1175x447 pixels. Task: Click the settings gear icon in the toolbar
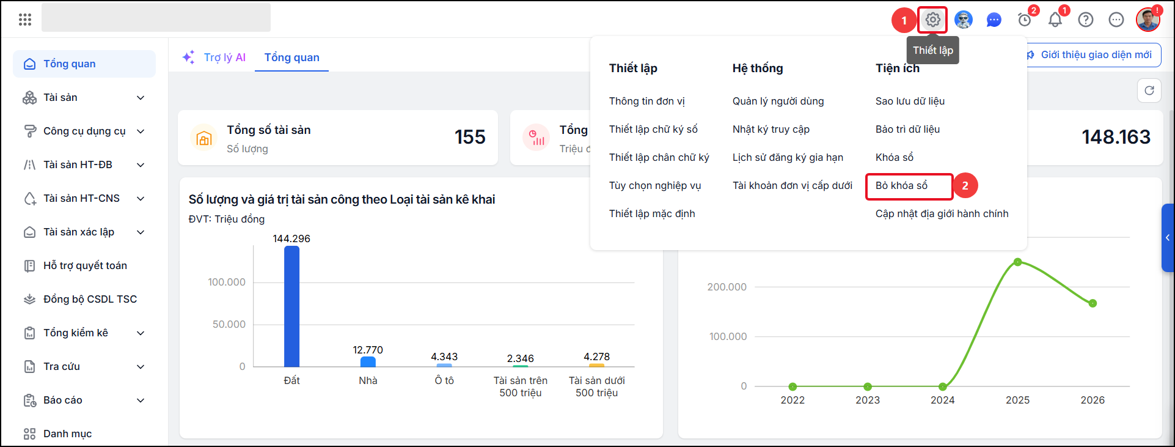[x=932, y=20]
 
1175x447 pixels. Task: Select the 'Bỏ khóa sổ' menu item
[x=901, y=185]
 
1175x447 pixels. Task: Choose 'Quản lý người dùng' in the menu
[x=778, y=101]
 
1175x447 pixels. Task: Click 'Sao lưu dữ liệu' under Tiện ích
[x=910, y=101]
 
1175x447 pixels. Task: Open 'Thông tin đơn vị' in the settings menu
[x=646, y=101]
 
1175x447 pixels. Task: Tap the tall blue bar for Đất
[x=291, y=306]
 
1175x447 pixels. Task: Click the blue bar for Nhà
[x=368, y=361]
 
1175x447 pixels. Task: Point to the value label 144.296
[x=291, y=238]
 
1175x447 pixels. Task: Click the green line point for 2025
[x=1017, y=262]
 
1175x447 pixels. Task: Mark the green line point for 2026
[x=1093, y=303]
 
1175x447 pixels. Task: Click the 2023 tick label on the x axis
[x=868, y=400]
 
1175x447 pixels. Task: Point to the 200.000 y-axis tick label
[x=727, y=287]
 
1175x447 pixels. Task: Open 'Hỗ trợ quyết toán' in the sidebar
[x=85, y=265]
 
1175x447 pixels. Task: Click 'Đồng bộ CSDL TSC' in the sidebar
[x=90, y=299]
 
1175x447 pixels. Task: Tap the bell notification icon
[x=1055, y=20]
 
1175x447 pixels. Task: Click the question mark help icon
[x=1086, y=20]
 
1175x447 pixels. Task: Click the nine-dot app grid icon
[x=25, y=20]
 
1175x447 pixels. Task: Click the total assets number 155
[x=470, y=137]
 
